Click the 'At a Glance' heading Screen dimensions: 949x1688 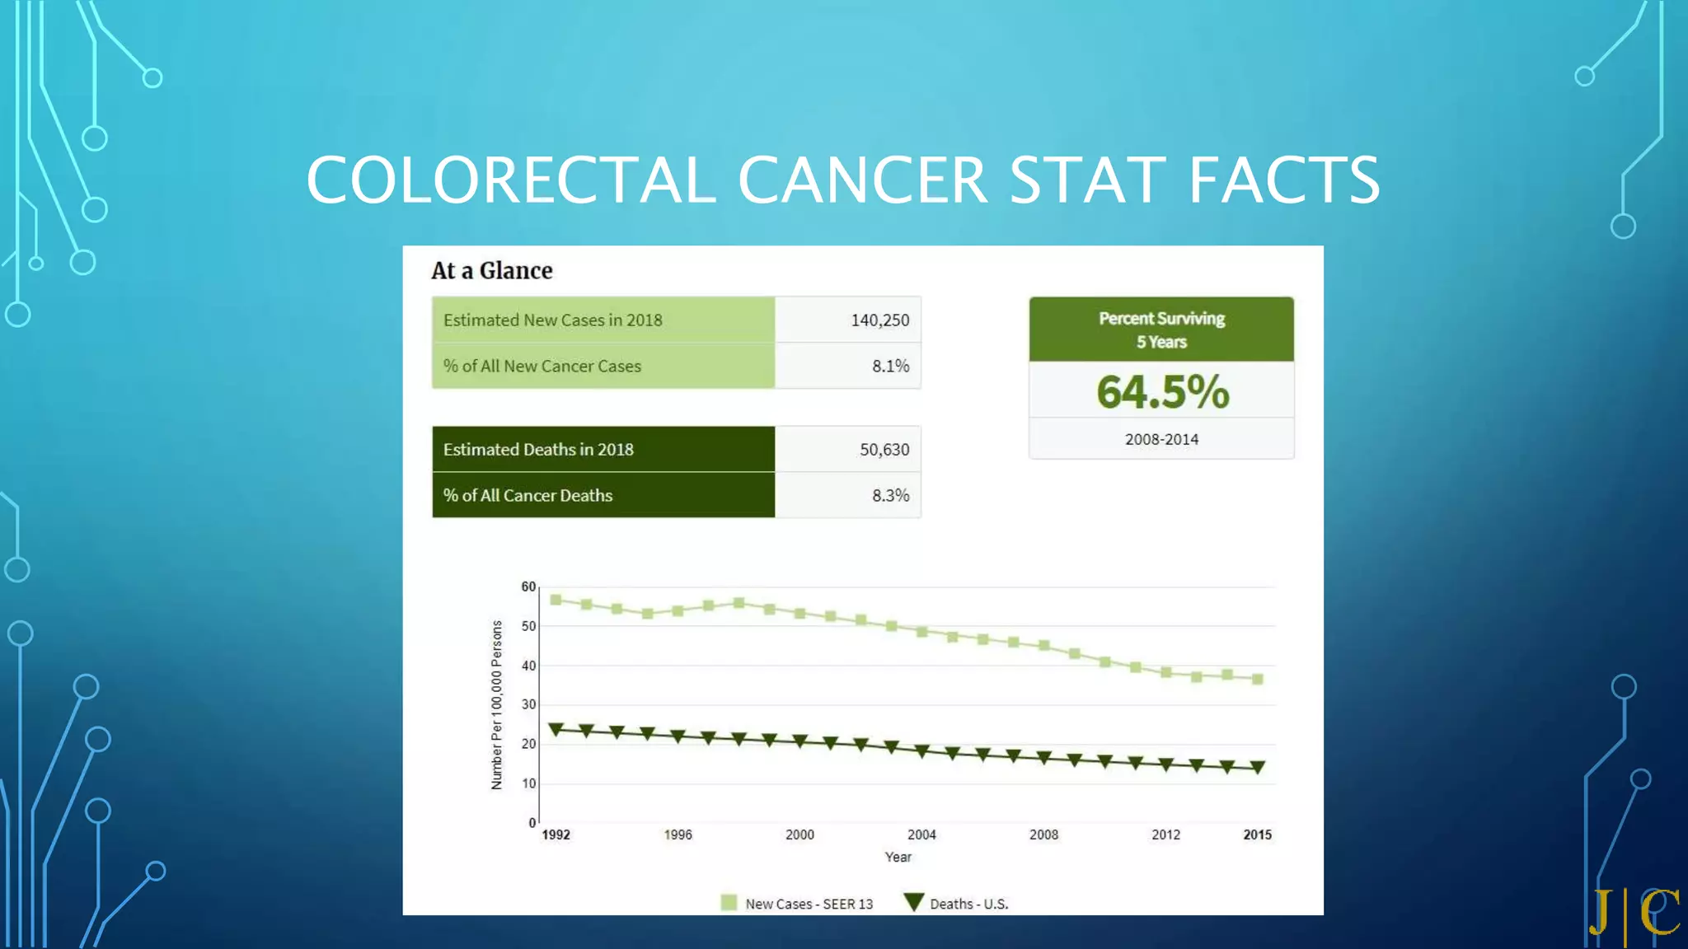[491, 270]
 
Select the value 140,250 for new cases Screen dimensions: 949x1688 [879, 320]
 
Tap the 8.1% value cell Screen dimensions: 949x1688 [890, 366]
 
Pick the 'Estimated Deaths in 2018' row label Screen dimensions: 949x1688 [538, 450]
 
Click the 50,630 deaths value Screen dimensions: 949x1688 [884, 450]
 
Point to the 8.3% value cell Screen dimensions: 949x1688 [890, 495]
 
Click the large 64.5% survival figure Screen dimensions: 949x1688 [1162, 391]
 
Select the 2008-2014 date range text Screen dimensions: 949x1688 [1161, 439]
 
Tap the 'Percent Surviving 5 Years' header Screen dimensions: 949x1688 [1161, 330]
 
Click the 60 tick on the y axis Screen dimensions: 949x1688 [528, 587]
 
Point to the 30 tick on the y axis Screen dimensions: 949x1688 [528, 704]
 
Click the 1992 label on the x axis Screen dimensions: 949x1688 [556, 834]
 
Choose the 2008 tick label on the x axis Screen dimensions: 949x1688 [1043, 834]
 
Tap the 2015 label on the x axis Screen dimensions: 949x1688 [1257, 834]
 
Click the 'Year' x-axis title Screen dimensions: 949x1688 [898, 857]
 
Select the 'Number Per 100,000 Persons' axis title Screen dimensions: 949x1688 [496, 704]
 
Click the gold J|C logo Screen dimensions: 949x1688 [1635, 913]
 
